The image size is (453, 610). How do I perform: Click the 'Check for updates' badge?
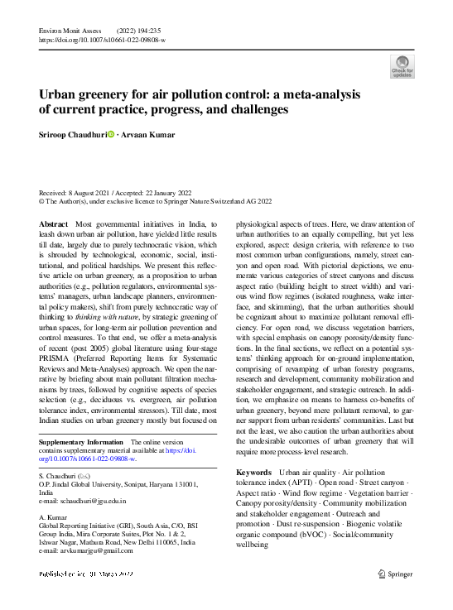tap(402, 66)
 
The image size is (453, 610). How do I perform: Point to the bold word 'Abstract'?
tap(55, 225)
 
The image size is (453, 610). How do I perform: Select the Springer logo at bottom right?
tap(396, 573)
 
